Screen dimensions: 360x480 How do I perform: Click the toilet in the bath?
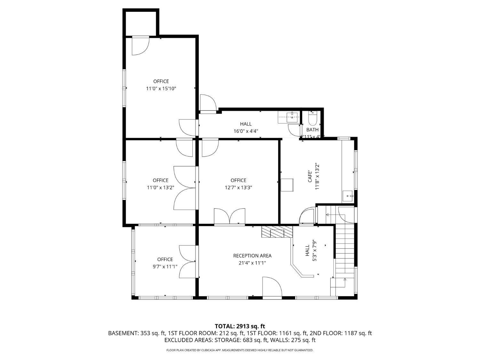pyautogui.click(x=312, y=119)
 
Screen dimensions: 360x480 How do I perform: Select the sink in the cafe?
pyautogui.click(x=348, y=196)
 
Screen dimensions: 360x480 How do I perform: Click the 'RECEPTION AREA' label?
pyautogui.click(x=252, y=256)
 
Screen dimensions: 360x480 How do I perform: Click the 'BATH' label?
pyautogui.click(x=312, y=130)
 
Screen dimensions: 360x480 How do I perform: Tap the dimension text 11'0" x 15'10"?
pyautogui.click(x=161, y=89)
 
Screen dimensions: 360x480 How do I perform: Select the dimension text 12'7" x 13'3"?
pyautogui.click(x=238, y=188)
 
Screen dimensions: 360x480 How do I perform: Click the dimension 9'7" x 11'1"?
pyautogui.click(x=165, y=267)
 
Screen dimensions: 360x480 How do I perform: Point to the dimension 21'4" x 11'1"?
pyautogui.click(x=252, y=263)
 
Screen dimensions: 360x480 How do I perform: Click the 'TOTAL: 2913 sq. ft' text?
pyautogui.click(x=240, y=326)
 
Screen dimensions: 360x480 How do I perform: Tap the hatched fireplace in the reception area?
pyautogui.click(x=277, y=232)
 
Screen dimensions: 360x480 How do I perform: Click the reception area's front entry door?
pyautogui.click(x=272, y=288)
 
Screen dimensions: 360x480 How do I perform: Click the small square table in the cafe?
pyautogui.click(x=287, y=185)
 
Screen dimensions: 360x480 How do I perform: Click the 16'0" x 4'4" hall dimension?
pyautogui.click(x=246, y=131)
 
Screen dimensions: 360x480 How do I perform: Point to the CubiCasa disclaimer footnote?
pyautogui.click(x=240, y=350)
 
